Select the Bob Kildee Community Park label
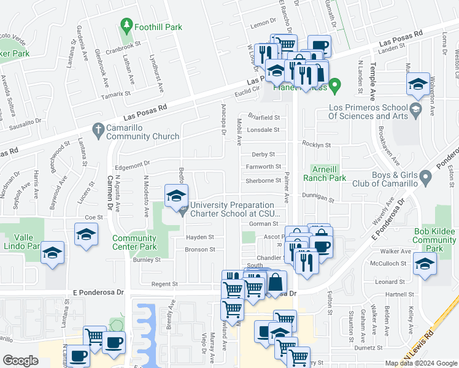pyautogui.click(x=434, y=240)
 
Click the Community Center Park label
pyautogui.click(x=134, y=242)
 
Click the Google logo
pyautogui.click(x=21, y=361)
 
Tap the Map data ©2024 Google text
pyautogui.click(x=420, y=363)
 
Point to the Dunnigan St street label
pyautogui.click(x=317, y=197)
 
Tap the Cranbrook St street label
pyautogui.click(x=123, y=44)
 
